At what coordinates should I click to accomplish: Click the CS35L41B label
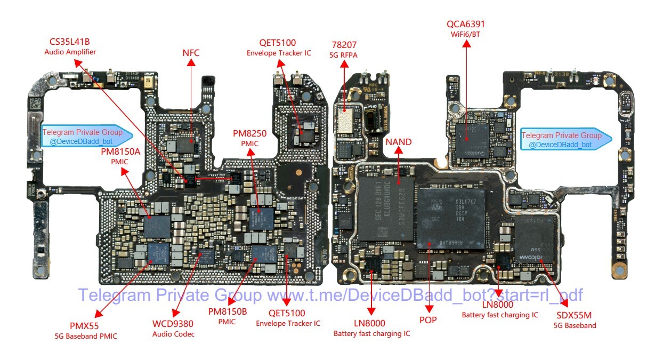point(70,42)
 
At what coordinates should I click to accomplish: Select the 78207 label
point(344,45)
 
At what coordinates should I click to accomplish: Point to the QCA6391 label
point(466,24)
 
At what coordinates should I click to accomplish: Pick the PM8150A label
point(120,152)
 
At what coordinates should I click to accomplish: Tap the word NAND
point(399,141)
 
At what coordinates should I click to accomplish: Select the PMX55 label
point(85,325)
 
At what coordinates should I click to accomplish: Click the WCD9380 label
point(173,323)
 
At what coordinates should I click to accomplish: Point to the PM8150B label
point(228,311)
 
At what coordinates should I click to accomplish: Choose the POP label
point(428,320)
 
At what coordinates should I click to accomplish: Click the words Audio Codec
point(173,334)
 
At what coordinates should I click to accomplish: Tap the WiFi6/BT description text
point(466,35)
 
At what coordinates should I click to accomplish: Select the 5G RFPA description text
point(344,54)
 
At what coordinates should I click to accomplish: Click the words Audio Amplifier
point(70,52)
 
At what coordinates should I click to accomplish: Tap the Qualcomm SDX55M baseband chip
point(536,240)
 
